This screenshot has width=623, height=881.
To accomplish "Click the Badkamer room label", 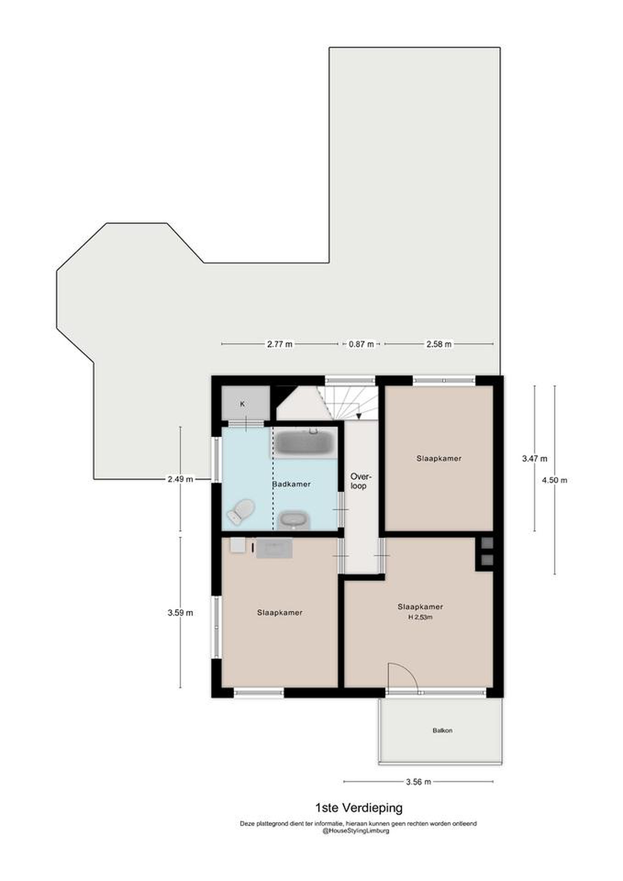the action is (x=291, y=484).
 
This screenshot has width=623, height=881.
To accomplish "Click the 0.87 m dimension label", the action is (x=361, y=344).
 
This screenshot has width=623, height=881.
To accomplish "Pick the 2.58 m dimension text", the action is (x=439, y=344).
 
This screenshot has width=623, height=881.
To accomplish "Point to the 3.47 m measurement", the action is (x=535, y=458).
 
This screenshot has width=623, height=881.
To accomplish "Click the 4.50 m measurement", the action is (x=554, y=480).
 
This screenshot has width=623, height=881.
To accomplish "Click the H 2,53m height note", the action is (x=421, y=617).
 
